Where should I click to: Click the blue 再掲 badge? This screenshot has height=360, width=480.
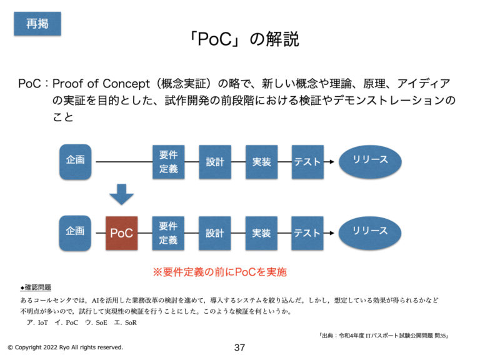37,24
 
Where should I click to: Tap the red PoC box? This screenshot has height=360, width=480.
121,233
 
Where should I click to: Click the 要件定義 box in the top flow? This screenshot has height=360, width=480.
168,162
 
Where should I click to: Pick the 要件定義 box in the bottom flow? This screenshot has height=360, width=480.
168,233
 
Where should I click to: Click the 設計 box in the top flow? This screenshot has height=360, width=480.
214,162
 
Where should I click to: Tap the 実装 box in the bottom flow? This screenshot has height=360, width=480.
261,233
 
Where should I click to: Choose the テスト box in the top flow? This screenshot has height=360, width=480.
307,162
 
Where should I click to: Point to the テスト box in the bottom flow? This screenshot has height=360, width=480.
307,233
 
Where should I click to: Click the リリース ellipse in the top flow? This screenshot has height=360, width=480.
370,161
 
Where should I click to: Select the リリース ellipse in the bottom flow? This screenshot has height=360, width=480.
370,232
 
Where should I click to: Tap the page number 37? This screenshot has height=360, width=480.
239,347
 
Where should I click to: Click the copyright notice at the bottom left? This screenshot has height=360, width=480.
65,347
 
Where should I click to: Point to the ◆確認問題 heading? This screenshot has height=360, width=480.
36,287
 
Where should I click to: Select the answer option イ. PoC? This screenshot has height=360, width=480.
69,322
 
